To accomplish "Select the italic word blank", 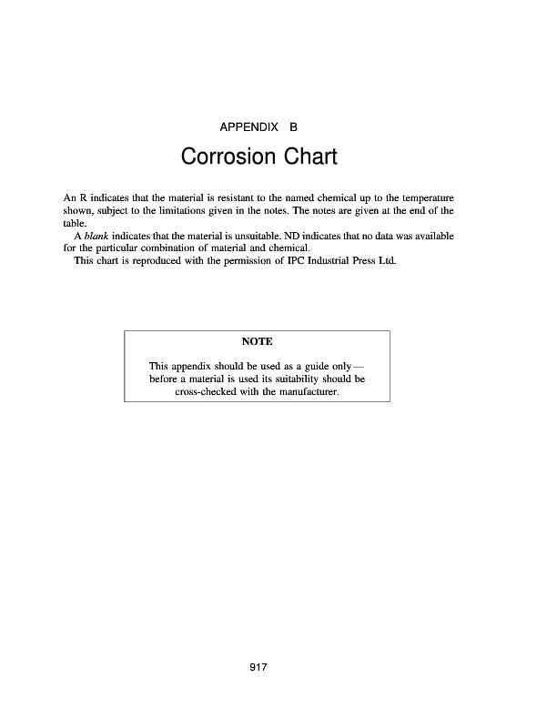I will tap(96, 236).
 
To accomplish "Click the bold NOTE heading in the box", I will tap(257, 341).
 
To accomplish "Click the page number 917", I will tap(257, 669).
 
